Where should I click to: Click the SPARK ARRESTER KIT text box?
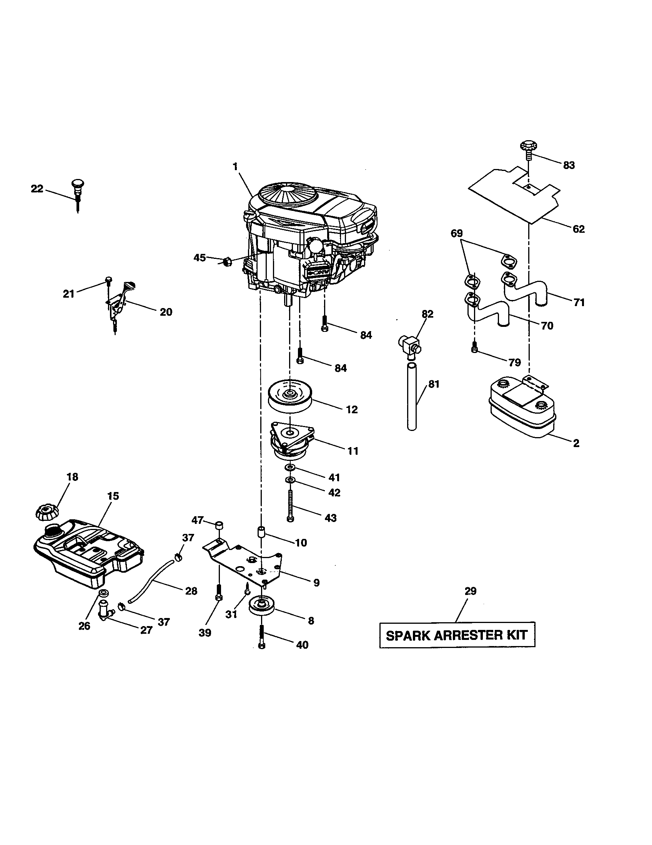click(x=457, y=635)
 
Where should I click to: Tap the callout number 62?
click(x=579, y=229)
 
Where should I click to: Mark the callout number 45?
click(x=200, y=257)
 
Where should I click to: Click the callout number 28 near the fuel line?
click(x=191, y=591)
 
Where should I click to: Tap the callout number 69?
click(x=456, y=233)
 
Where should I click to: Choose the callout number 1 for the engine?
click(x=235, y=166)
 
